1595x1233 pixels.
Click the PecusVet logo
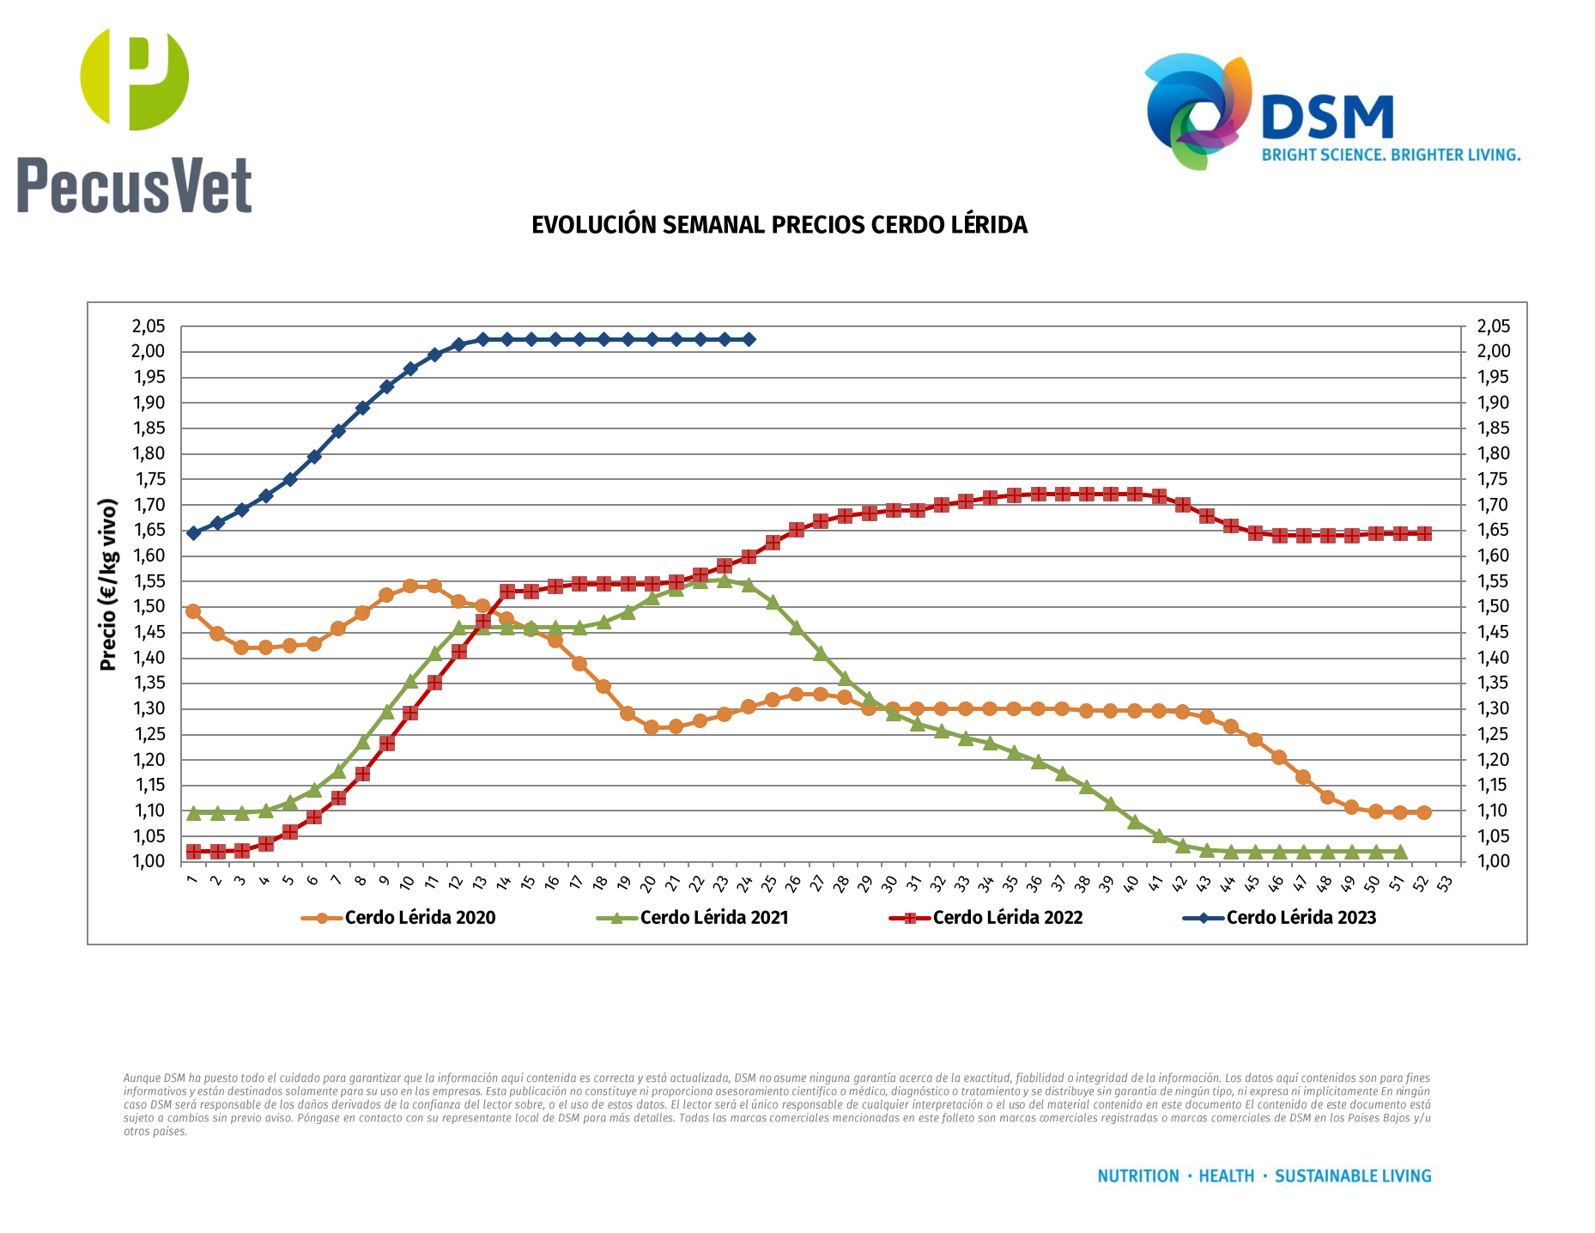134,120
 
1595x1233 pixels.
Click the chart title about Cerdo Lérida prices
779,225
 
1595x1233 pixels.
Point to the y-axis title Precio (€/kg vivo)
108,585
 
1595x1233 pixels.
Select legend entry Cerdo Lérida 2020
420,918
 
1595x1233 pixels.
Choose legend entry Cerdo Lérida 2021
713,918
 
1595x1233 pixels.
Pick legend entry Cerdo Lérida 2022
1007,918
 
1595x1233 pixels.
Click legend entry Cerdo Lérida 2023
1301,918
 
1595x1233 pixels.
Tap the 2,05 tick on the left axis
148,326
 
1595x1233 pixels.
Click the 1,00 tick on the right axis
1493,861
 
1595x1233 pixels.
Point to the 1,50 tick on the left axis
148,607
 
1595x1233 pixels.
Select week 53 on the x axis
1445,883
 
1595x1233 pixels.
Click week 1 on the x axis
191,879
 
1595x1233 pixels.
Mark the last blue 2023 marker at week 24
749,339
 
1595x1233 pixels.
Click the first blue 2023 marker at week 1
193,533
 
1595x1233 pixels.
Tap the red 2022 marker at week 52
1424,533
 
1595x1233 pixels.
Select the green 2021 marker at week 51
1400,852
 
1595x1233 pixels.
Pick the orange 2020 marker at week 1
193,611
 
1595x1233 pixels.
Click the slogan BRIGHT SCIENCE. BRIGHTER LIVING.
1391,155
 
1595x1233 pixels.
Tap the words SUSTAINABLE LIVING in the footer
1353,1176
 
